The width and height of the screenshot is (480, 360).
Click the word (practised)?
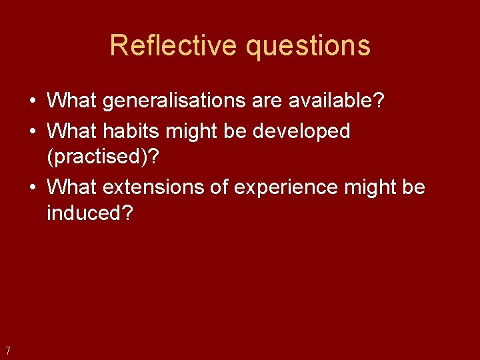(x=103, y=157)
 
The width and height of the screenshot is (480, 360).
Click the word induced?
(x=90, y=214)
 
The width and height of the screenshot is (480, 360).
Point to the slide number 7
(x=7, y=351)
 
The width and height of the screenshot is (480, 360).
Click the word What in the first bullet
(x=73, y=101)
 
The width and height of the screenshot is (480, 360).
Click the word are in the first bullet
(x=270, y=101)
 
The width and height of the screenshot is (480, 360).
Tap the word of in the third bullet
(x=219, y=187)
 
